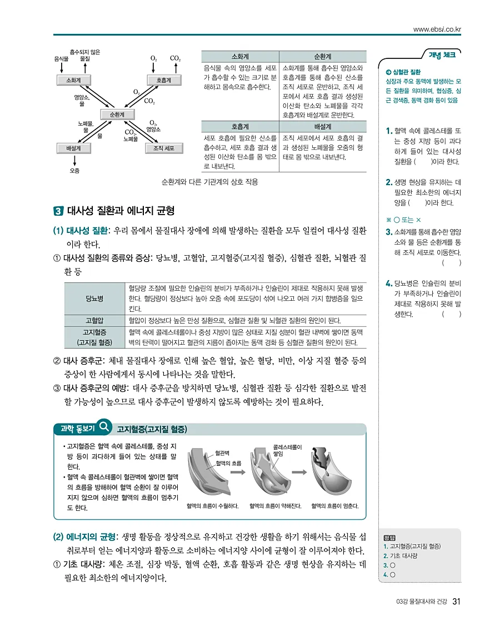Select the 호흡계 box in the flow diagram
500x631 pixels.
click(x=163, y=80)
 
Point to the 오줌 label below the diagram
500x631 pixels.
click(x=74, y=170)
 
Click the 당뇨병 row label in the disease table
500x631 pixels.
click(x=94, y=299)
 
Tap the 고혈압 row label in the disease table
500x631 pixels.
click(x=94, y=321)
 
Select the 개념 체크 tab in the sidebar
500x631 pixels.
click(x=442, y=54)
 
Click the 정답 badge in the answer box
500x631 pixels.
click(x=389, y=538)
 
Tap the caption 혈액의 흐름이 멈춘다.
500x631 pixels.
click(x=335, y=506)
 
